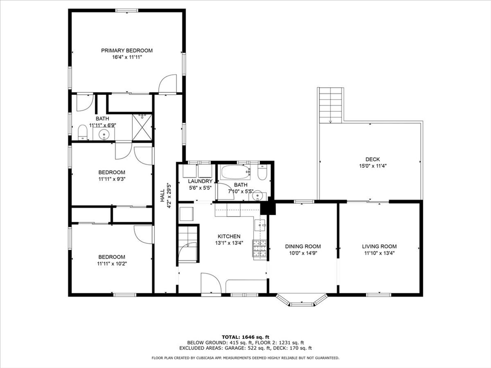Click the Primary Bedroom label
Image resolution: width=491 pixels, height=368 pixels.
coord(127,50)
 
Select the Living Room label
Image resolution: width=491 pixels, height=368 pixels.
coord(379,246)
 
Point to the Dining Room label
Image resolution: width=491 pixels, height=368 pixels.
coord(303,246)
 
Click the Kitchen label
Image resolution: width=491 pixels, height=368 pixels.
coord(229,236)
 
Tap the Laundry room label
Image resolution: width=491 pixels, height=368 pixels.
coord(200,181)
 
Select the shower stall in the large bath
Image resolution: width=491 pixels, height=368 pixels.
coord(142,127)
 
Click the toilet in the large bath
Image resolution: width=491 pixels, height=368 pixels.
coord(82,132)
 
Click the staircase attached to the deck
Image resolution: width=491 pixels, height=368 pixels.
coord(331,104)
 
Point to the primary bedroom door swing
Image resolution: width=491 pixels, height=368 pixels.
coord(168,84)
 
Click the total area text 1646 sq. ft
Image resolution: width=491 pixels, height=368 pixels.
coord(255,336)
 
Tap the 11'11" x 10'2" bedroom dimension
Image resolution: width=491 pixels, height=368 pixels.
coord(112,264)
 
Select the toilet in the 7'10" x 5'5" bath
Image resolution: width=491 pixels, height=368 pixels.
coord(262,173)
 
